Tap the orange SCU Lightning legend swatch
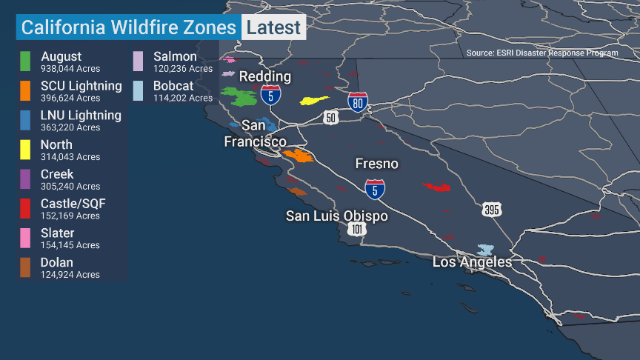pyautogui.click(x=25, y=90)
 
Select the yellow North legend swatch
pyautogui.click(x=25, y=149)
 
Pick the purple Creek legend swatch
pyautogui.click(x=25, y=179)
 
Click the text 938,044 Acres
pyautogui.click(x=70, y=68)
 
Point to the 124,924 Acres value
pyautogui.click(x=70, y=275)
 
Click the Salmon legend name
pyautogui.click(x=175, y=57)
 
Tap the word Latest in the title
pyautogui.click(x=273, y=28)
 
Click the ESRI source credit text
pyautogui.click(x=542, y=53)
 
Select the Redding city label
pyautogui.click(x=264, y=77)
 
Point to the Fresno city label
pyautogui.click(x=376, y=164)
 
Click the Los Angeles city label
pyautogui.click(x=472, y=262)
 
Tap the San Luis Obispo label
pyautogui.click(x=337, y=216)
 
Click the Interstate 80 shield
pyautogui.click(x=358, y=102)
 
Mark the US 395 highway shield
pyautogui.click(x=491, y=210)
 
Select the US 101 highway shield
pyautogui.click(x=358, y=229)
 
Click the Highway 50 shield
pyautogui.click(x=330, y=117)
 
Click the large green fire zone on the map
pyautogui.click(x=239, y=97)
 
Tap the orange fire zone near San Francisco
pyautogui.click(x=299, y=156)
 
